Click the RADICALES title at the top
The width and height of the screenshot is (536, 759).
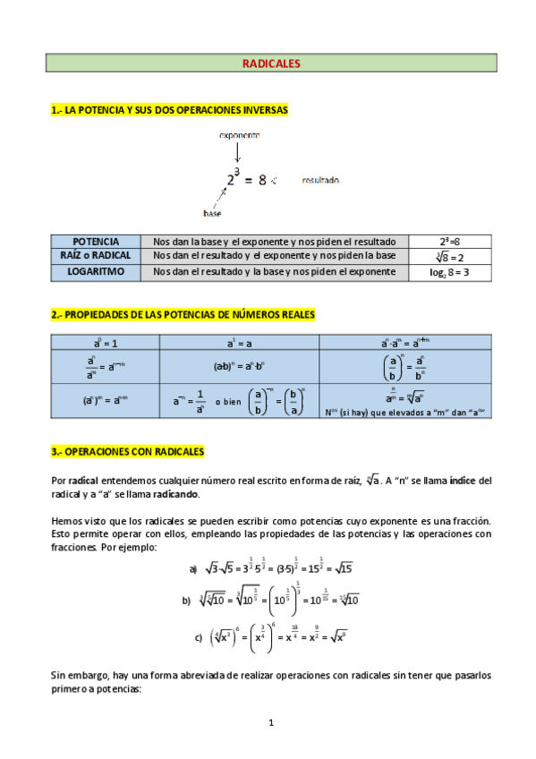coord(270,64)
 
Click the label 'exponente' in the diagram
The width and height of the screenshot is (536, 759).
coord(239,135)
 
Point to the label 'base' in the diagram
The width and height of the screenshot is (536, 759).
coord(212,214)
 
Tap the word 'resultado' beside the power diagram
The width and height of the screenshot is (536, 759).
coord(320,180)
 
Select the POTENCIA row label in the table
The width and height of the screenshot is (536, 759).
coord(96,242)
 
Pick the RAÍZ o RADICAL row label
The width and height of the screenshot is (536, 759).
coord(96,256)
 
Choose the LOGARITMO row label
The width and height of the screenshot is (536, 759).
coord(96,271)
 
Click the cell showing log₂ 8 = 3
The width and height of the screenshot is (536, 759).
coord(449,272)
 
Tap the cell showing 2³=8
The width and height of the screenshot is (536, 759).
coord(449,242)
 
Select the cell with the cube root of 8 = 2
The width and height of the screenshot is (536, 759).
coord(449,256)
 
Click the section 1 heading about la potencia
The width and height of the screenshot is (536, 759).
coord(169,110)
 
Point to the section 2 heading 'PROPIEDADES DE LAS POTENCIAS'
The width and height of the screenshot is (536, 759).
coord(183,315)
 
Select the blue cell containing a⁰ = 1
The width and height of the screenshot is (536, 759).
coord(106,342)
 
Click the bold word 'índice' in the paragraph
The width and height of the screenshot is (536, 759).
coord(464,480)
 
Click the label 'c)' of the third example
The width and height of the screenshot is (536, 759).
coord(198,637)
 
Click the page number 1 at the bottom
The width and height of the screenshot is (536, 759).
coord(270,721)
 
